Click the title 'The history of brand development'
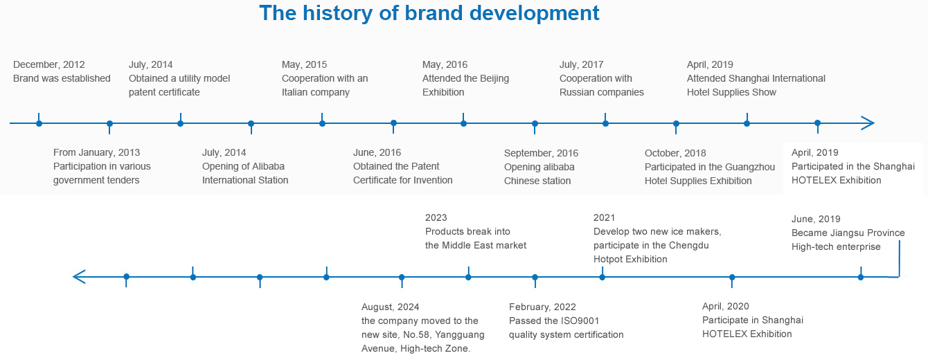coord(429,13)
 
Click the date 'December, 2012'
coord(49,64)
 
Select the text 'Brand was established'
coord(62,78)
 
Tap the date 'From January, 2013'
coord(96,152)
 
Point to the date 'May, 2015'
coord(304,64)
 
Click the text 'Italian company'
coord(316,92)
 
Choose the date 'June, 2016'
coord(377,152)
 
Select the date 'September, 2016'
coord(541,153)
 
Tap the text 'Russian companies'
coord(602,92)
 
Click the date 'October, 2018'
coord(675,153)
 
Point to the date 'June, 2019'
coord(816,219)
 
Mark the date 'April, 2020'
coord(725,307)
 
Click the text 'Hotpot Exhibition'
coord(630,260)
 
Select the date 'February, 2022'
coord(542,307)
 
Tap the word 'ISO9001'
coord(580,321)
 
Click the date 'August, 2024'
coord(391,307)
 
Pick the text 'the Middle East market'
coord(476,245)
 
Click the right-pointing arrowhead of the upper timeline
coord(868,123)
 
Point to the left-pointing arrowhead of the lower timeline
coord(79,277)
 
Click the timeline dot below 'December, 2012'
coord(39,123)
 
